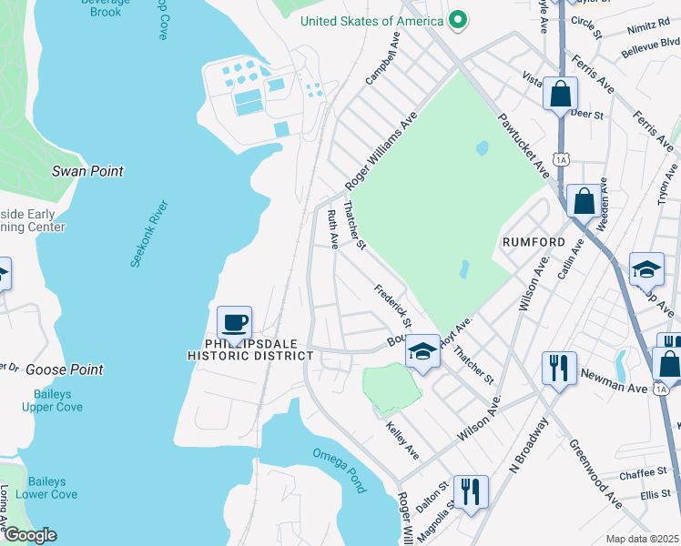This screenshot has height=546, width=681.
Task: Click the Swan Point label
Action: click(87, 171)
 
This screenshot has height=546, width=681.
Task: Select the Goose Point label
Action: click(65, 369)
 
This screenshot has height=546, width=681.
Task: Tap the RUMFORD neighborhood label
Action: click(534, 243)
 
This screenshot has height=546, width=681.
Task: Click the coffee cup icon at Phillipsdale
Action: click(235, 321)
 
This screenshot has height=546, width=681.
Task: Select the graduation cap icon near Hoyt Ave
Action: click(422, 351)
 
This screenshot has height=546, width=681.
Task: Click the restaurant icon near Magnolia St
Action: click(470, 492)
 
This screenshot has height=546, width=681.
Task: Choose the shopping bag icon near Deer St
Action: click(560, 93)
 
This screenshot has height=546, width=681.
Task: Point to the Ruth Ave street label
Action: click(332, 229)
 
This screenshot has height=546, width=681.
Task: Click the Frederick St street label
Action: click(393, 305)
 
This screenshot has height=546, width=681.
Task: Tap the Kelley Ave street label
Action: click(401, 440)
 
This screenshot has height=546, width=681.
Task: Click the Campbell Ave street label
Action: click(382, 61)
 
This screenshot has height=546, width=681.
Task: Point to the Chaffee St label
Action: click(644, 472)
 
